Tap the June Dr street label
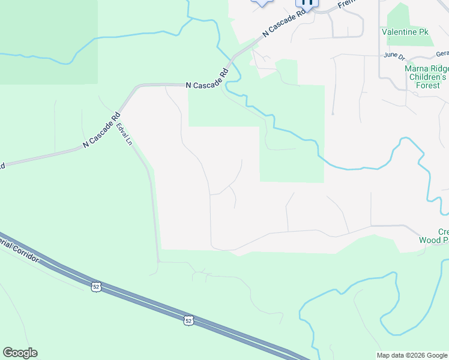[395, 55]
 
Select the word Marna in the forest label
[416, 68]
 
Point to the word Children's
[427, 77]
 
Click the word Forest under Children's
[427, 85]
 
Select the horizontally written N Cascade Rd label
[207, 85]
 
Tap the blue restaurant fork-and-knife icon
[307, 2]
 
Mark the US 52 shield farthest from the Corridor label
[188, 321]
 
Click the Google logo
[20, 353]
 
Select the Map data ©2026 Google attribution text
[412, 355]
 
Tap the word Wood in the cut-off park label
[430, 240]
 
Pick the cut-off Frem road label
[347, 4]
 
